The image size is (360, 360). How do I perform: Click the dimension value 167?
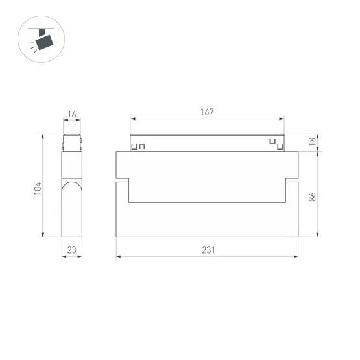[x=207, y=112]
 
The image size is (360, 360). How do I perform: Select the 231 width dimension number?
[x=207, y=250]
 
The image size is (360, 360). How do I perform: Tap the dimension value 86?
[x=312, y=197]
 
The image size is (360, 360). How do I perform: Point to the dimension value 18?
[x=312, y=142]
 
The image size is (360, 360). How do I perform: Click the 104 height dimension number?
[x=38, y=188]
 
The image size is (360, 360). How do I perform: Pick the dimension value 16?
[x=72, y=115]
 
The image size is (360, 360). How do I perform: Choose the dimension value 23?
[x=72, y=250]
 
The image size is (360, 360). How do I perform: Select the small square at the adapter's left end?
[x=143, y=146]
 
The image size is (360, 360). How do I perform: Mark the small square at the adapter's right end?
[x=272, y=141]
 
